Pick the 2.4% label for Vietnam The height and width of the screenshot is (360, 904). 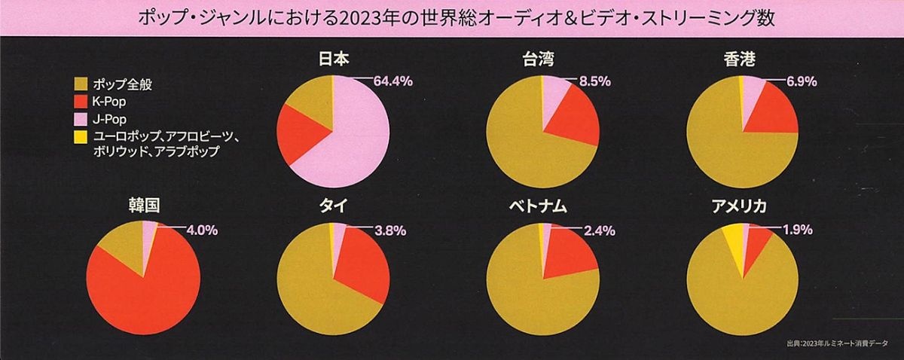point(599,230)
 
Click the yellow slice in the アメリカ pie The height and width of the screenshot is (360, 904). point(733,240)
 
